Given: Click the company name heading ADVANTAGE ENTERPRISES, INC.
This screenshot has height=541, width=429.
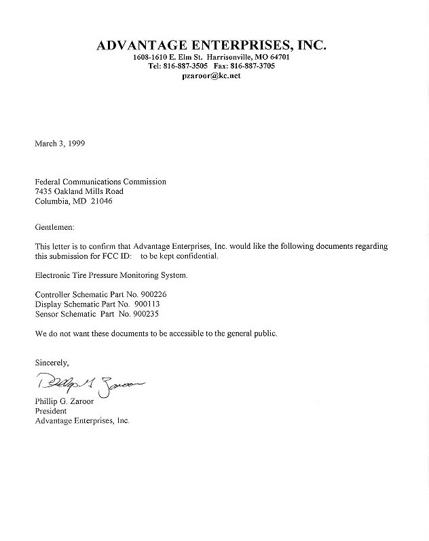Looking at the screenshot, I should pos(212,46).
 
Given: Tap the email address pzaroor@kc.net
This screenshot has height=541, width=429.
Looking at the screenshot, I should pos(211,76).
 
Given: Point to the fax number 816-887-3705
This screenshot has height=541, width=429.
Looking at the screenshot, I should pos(252,66).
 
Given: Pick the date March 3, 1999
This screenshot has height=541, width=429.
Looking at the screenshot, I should pos(60,143).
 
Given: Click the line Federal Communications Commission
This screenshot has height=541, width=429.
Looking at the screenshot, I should pos(100,182).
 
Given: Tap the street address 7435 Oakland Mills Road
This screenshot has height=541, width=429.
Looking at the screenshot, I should pos(79,191).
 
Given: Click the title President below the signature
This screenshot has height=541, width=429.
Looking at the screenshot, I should pos(51,410).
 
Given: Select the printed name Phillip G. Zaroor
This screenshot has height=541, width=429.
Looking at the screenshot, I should pos(66,401).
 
